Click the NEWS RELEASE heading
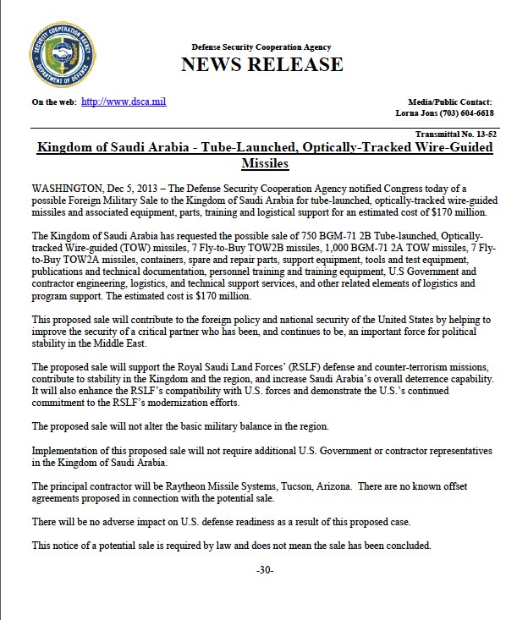coord(261,64)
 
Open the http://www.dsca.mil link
coord(124,102)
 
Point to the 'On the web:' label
coord(55,102)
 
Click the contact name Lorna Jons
coord(417,112)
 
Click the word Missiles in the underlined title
coord(265,162)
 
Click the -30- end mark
coord(264,569)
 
